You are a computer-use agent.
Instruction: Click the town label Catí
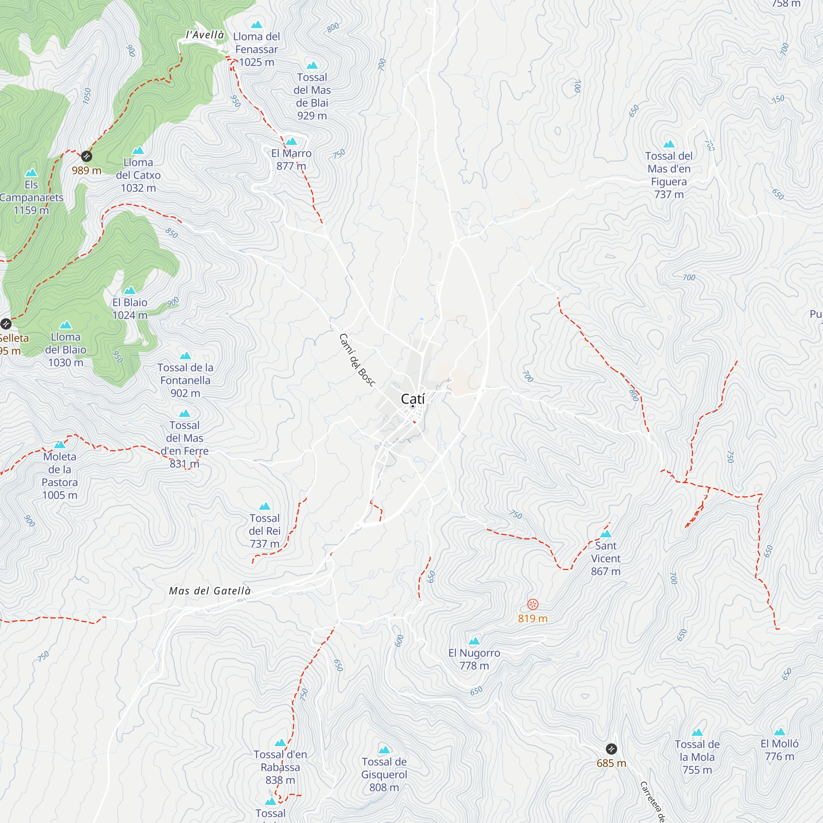click(x=412, y=399)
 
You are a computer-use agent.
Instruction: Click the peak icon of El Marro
click(x=291, y=142)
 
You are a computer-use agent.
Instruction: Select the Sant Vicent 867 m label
click(x=605, y=558)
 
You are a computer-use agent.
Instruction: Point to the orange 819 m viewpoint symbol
click(x=532, y=604)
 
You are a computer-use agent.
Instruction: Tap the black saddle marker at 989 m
click(x=86, y=156)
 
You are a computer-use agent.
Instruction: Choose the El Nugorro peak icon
click(x=474, y=641)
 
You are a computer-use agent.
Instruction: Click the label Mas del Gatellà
click(x=209, y=591)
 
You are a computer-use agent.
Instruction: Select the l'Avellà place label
click(x=205, y=35)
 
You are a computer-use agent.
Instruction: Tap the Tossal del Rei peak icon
click(x=265, y=507)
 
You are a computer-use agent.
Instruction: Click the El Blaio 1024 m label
click(x=130, y=309)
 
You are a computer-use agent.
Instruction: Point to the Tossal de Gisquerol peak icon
click(x=384, y=750)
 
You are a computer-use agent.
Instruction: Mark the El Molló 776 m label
click(x=779, y=750)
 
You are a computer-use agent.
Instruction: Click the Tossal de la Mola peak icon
click(x=697, y=733)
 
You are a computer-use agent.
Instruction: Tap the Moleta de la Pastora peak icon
click(x=60, y=445)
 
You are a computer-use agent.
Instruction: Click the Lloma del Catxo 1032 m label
click(x=138, y=175)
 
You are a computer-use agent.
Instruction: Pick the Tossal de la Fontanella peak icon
click(x=185, y=356)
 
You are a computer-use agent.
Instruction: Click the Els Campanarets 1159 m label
click(x=31, y=197)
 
